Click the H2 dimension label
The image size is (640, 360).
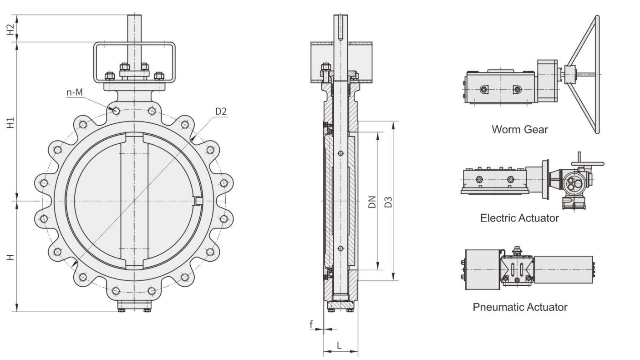[11, 28]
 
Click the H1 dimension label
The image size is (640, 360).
[11, 122]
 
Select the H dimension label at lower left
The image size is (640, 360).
[11, 257]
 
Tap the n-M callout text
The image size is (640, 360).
[75, 93]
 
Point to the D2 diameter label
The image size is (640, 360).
[221, 112]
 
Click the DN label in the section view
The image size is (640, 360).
[372, 202]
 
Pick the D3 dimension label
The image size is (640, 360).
[388, 202]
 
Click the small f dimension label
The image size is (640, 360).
[312, 325]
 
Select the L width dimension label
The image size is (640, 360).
[339, 345]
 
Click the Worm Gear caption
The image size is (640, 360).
[519, 129]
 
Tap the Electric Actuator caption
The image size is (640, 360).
[519, 218]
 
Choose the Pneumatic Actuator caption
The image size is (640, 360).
[520, 307]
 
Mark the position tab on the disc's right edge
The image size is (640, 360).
[198, 201]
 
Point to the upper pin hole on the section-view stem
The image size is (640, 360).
[340, 153]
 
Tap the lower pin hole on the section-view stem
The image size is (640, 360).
[340, 248]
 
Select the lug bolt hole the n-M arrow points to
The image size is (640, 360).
[116, 111]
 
